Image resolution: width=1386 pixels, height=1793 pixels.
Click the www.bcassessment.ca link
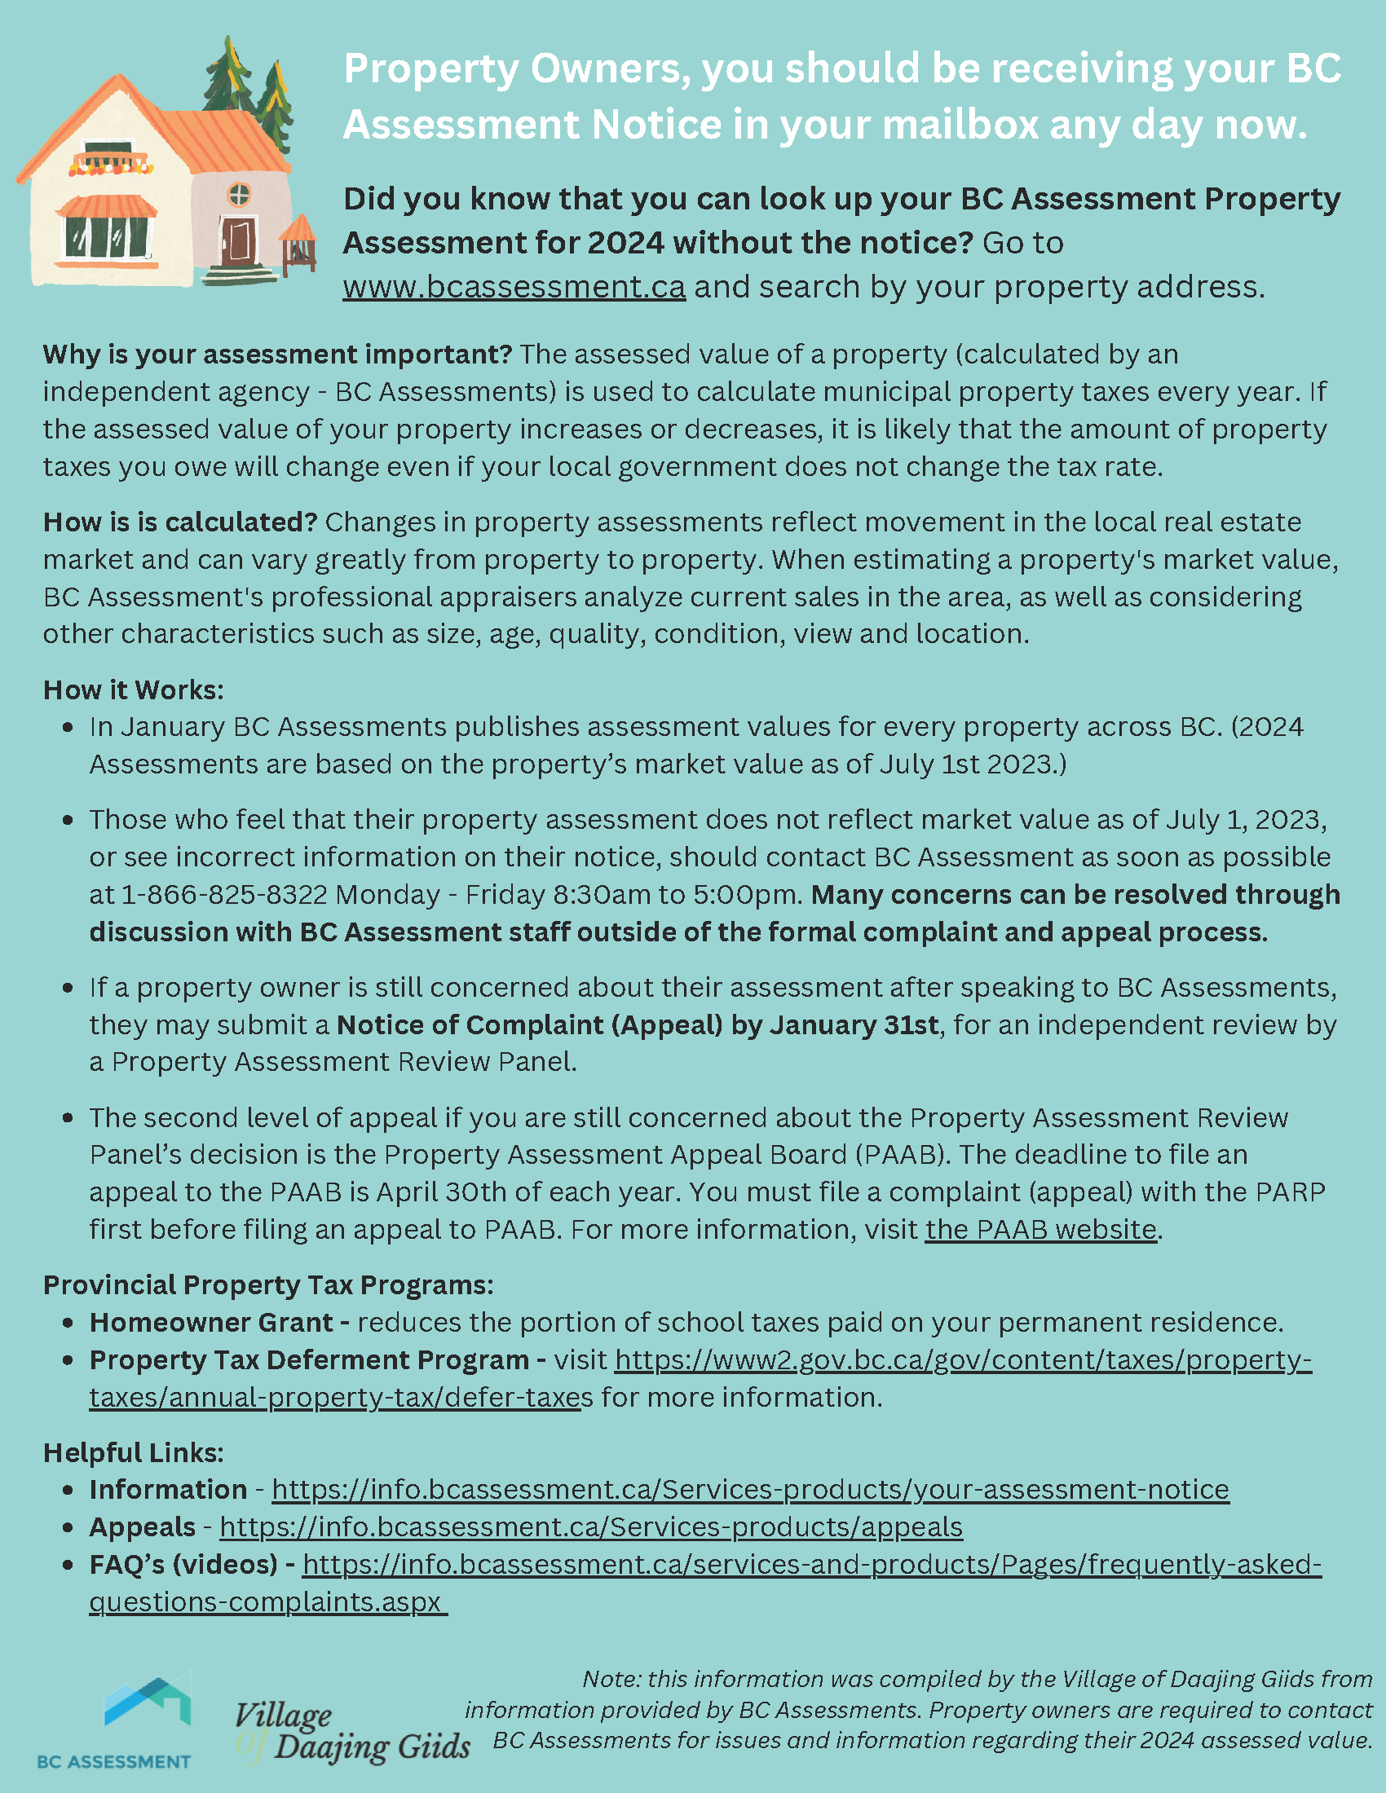point(514,288)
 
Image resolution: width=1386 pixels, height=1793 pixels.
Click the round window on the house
point(239,195)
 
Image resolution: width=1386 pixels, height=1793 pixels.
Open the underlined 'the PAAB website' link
point(1040,1230)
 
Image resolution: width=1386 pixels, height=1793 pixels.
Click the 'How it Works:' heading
point(133,690)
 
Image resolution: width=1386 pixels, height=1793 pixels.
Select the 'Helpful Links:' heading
point(133,1453)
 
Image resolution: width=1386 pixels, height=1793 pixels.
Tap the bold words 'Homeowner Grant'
point(211,1323)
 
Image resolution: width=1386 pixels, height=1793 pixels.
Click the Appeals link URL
point(591,1527)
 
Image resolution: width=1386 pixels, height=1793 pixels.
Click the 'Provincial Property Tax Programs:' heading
point(268,1284)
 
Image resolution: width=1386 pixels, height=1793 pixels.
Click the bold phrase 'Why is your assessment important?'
point(277,355)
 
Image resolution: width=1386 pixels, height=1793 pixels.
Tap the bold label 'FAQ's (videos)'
point(184,1565)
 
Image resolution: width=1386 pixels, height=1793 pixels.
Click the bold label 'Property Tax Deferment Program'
point(309,1360)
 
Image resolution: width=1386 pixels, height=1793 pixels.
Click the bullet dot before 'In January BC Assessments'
point(68,727)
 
